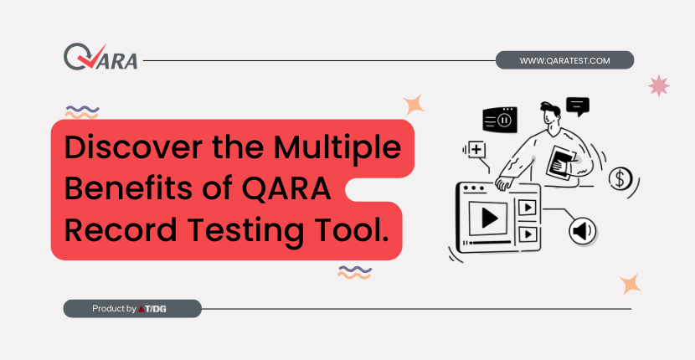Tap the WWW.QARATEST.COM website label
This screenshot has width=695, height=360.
pyautogui.click(x=564, y=60)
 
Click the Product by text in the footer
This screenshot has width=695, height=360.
pyautogui.click(x=114, y=309)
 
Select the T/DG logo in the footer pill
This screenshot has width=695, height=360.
pyautogui.click(x=152, y=309)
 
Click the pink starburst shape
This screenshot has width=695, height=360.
pyautogui.click(x=659, y=85)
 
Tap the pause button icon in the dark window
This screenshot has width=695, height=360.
pyautogui.click(x=503, y=120)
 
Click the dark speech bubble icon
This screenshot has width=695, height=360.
pyautogui.click(x=578, y=106)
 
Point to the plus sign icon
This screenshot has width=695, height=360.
pyautogui.click(x=476, y=150)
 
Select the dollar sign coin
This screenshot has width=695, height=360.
pyautogui.click(x=620, y=178)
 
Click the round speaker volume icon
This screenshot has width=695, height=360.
pyautogui.click(x=583, y=230)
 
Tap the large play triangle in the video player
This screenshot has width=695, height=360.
pyautogui.click(x=489, y=219)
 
